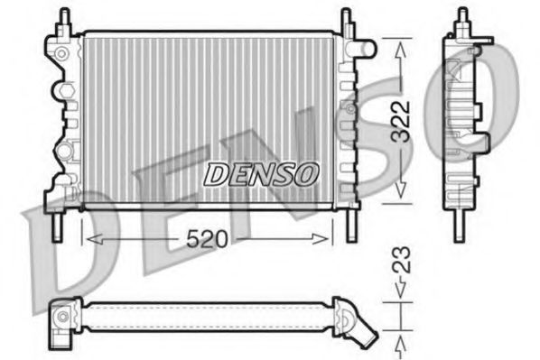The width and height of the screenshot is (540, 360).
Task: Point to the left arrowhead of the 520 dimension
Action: [88, 238]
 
